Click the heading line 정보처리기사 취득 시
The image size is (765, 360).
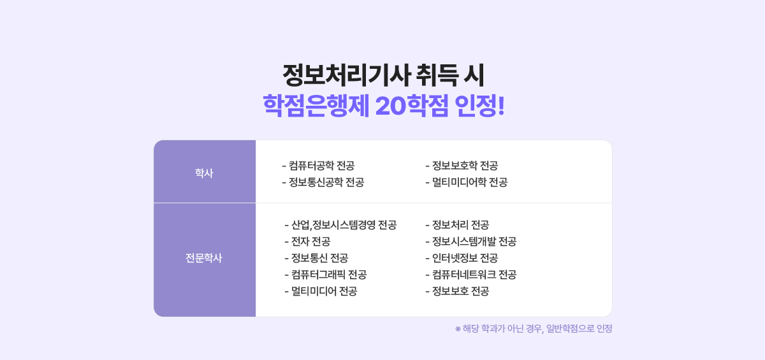[x=383, y=75]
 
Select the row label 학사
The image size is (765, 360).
[x=204, y=172]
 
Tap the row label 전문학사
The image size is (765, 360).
[x=204, y=259]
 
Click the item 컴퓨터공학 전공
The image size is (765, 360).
[x=317, y=166]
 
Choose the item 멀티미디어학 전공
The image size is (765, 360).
[x=466, y=182]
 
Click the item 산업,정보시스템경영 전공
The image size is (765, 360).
[x=340, y=225]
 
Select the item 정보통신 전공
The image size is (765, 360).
[x=316, y=258]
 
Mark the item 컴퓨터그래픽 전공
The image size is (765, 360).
[x=325, y=275]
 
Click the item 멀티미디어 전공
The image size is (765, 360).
[x=321, y=291]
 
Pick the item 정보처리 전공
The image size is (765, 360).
[x=457, y=225]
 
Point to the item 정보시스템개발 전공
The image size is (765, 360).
[x=470, y=241]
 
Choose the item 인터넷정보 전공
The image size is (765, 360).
[x=462, y=258]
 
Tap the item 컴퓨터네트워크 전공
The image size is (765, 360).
[x=470, y=275]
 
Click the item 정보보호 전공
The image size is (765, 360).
[x=457, y=291]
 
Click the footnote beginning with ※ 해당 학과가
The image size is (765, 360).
[x=534, y=329]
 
